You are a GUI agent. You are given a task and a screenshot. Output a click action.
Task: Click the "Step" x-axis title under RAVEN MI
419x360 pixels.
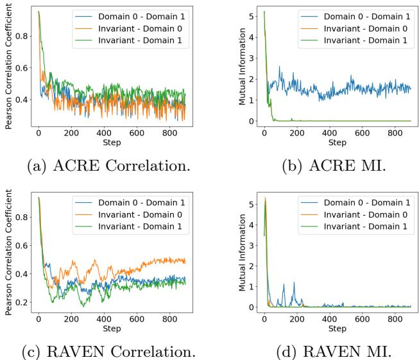point(338,329)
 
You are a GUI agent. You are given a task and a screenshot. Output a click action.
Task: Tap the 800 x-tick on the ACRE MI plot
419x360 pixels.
point(395,132)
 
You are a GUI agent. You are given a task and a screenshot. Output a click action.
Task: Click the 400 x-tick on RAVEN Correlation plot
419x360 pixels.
point(104,320)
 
